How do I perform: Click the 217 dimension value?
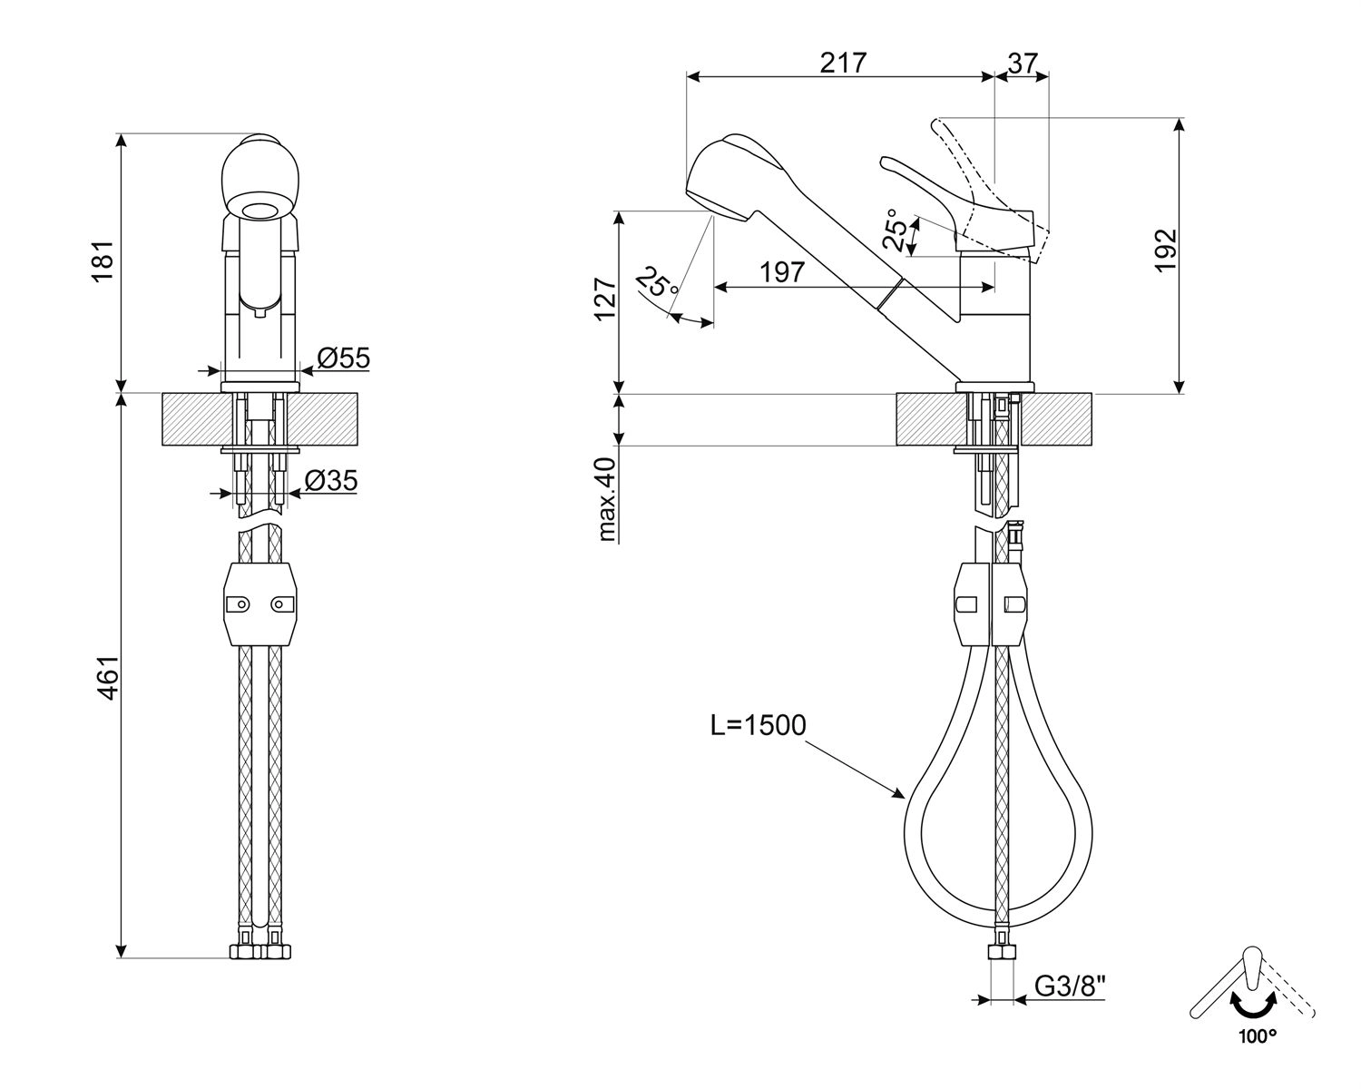[x=844, y=63]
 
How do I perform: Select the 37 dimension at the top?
[x=1023, y=63]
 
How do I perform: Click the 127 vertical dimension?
[x=606, y=299]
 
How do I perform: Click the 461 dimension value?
[x=108, y=677]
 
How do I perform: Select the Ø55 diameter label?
[x=344, y=358]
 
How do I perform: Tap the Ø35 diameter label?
[x=330, y=481]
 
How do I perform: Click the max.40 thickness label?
[x=606, y=499]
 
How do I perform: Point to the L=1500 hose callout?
[x=759, y=725]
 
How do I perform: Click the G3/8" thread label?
[x=1071, y=986]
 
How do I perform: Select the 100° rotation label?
[x=1256, y=1035]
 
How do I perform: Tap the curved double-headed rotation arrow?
[x=1253, y=1006]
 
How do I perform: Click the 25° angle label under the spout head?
[x=657, y=282]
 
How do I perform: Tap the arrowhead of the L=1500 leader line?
[x=902, y=796]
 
